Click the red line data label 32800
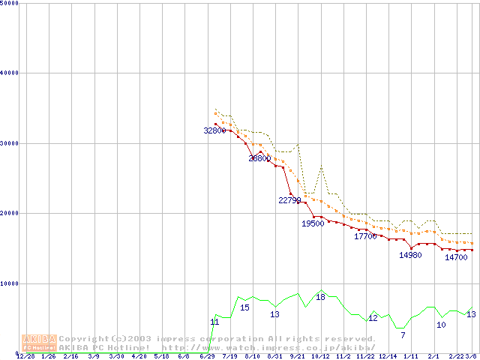pos(214,130)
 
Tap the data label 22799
pos(289,200)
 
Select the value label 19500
pos(313,223)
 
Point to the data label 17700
pos(365,236)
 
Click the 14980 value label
pos(410,255)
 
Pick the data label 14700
pos(456,257)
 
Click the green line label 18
pos(320,298)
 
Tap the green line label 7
pos(403,334)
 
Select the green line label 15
pos(244,307)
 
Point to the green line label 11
pos(214,322)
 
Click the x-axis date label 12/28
pos(25,356)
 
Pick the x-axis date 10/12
pos(320,356)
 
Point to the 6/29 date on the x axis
pos(207,356)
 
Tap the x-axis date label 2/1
pos(433,356)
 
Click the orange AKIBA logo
pos(40,343)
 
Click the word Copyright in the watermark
pos(82,338)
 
